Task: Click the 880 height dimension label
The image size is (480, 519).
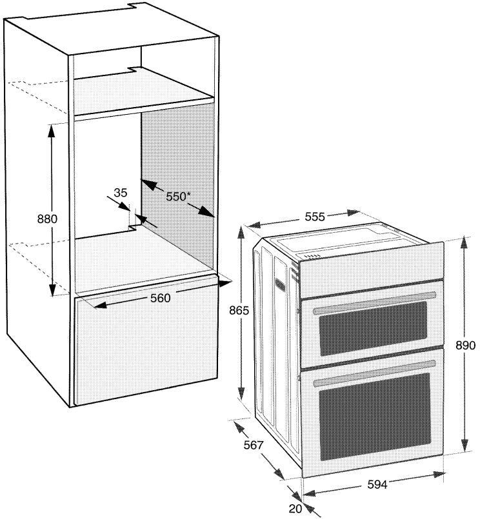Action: tap(47, 219)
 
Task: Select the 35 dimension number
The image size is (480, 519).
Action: tap(120, 193)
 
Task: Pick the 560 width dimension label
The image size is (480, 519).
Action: tap(161, 299)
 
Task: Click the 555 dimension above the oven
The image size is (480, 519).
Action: tap(315, 217)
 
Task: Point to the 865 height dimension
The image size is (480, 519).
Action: tap(239, 311)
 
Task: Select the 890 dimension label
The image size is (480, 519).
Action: tap(465, 345)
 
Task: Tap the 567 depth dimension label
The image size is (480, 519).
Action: tap(254, 445)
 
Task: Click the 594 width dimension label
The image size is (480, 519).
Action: tap(377, 485)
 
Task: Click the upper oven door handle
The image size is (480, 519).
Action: tap(374, 303)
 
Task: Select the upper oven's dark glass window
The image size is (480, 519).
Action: tap(374, 328)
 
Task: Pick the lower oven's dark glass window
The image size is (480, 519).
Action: tap(375, 416)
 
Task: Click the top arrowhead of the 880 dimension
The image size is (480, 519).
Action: tap(51, 132)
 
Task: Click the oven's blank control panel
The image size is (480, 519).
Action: tap(372, 269)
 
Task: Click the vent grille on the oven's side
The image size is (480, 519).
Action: tap(279, 284)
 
